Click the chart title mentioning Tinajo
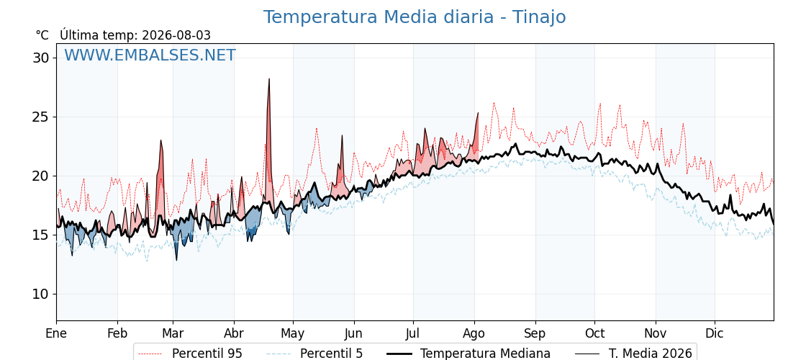(415, 17)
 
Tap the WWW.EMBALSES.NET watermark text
(150, 55)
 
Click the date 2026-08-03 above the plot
(176, 35)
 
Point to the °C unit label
(42, 35)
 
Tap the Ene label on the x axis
(57, 333)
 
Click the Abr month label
(234, 333)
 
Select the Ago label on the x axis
(474, 334)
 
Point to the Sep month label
(535, 334)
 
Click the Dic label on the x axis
(715, 333)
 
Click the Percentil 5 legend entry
(314, 354)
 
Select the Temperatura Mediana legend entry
(468, 354)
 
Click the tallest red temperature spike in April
(269, 78)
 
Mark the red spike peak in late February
(161, 140)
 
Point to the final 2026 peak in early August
(478, 112)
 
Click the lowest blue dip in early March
(176, 260)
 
